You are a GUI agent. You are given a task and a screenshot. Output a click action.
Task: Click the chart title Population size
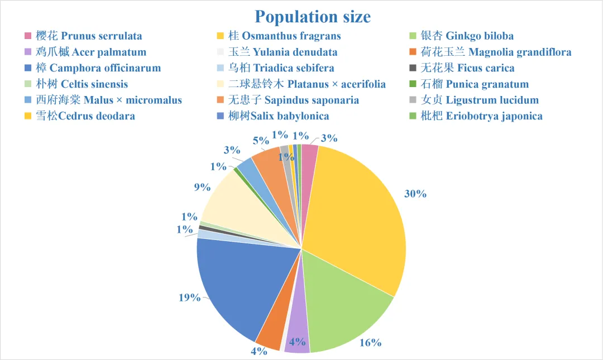[x=312, y=16]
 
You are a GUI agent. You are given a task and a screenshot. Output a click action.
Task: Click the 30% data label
[x=415, y=194]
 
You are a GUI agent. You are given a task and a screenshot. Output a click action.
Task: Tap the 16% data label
[x=370, y=342]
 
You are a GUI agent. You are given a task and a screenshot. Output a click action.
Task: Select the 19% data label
[x=189, y=297]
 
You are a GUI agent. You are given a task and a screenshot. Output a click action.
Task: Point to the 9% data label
[x=202, y=188]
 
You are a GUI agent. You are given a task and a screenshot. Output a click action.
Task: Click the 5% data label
[x=260, y=141]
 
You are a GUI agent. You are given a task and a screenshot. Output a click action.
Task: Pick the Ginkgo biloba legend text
[x=467, y=36]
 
